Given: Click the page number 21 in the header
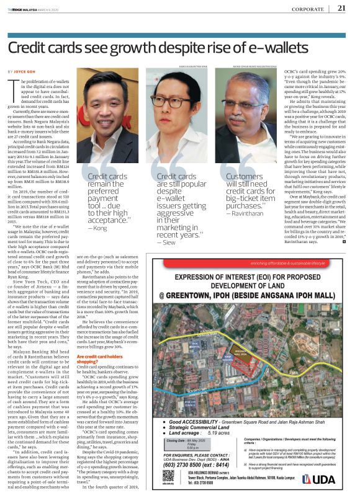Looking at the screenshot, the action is click(342, 7).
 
